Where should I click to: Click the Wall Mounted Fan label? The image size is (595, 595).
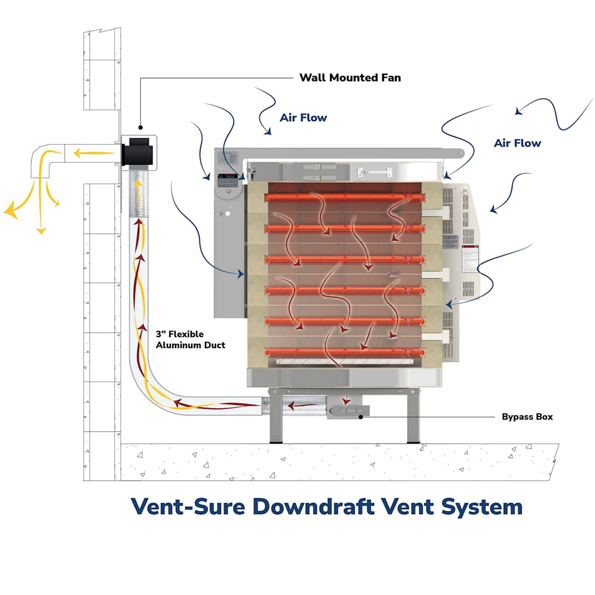350,78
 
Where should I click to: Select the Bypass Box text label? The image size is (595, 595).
527,417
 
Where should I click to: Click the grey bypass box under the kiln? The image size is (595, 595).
348,411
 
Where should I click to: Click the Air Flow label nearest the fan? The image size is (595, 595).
303,117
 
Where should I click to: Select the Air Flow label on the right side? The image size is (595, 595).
517,143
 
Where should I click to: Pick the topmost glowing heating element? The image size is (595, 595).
345,197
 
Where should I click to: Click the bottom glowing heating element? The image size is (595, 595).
345,352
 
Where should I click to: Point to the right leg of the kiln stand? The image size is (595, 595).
413,419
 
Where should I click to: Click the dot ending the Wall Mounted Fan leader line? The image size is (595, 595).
140,127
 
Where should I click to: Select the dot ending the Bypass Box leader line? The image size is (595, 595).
360,417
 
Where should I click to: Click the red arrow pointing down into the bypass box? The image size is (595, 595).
347,401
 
